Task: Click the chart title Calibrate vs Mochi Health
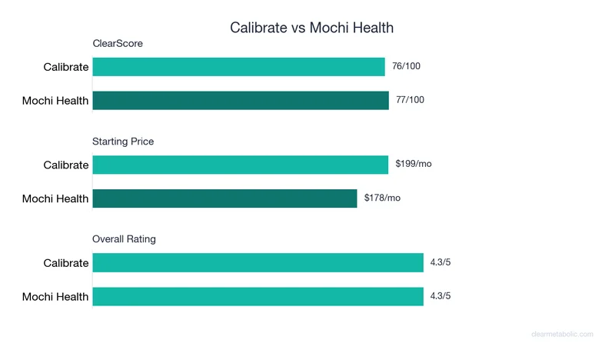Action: click(x=311, y=28)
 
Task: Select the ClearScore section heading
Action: click(x=118, y=44)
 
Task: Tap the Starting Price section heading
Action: click(x=123, y=142)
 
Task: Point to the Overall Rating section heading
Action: click(x=124, y=239)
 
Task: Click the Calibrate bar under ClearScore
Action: click(x=238, y=67)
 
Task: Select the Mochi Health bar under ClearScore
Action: click(x=241, y=100)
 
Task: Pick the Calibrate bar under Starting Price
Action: click(x=241, y=165)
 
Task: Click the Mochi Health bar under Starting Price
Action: click(x=224, y=198)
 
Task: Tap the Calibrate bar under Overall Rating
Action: click(x=258, y=262)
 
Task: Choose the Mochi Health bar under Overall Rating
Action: click(x=258, y=296)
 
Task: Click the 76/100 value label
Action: click(x=406, y=66)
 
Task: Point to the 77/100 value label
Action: click(x=410, y=100)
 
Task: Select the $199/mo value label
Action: click(x=414, y=164)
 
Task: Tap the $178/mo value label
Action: click(x=382, y=198)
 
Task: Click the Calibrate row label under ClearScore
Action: click(x=66, y=67)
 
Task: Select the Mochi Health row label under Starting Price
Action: click(x=55, y=198)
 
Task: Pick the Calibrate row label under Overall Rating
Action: click(x=66, y=263)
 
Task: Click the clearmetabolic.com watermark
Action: click(x=562, y=335)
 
